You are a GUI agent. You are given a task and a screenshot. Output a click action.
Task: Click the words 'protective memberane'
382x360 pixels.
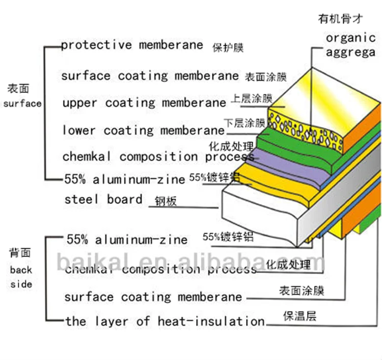[131, 45]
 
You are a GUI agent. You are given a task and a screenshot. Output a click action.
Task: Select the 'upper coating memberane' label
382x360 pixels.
[144, 103]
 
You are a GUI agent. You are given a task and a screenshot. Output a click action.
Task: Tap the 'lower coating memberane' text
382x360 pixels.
[143, 131]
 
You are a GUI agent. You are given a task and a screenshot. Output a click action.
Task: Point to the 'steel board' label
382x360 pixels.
[103, 199]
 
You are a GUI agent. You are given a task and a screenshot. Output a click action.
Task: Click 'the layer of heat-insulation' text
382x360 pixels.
[165, 321]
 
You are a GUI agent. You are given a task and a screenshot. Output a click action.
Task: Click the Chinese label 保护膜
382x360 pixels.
[228, 48]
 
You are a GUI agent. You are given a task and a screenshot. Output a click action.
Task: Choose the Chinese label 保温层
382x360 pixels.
[299, 316]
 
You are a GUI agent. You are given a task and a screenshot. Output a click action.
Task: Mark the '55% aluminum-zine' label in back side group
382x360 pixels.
[127, 239]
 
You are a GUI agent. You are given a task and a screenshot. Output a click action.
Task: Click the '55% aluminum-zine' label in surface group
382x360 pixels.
[125, 178]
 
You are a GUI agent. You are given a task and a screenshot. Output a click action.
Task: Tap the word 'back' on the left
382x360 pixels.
[21, 270]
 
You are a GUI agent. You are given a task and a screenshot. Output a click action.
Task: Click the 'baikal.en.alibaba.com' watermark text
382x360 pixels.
[188, 263]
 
